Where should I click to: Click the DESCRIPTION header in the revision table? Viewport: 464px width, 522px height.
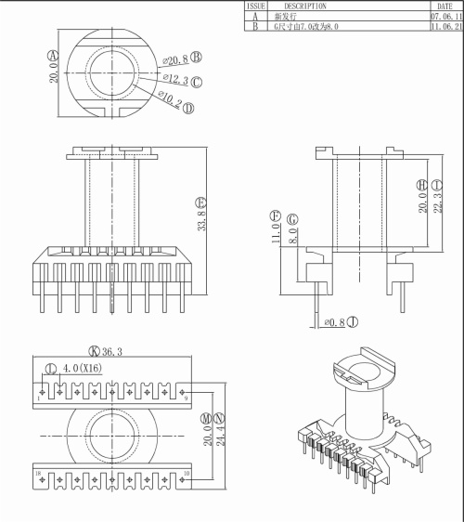point(305,6)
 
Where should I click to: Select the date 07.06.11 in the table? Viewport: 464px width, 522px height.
point(445,17)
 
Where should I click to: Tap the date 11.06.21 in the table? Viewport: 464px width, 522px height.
point(445,28)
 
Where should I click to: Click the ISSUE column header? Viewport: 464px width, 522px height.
point(255,6)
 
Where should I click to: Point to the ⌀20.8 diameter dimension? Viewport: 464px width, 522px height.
point(174,58)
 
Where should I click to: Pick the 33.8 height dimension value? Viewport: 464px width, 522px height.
point(201,223)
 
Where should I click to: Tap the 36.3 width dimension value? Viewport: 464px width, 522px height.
point(114,351)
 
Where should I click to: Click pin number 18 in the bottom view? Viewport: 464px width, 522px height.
point(40,474)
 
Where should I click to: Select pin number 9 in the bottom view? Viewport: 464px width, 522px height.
point(188,398)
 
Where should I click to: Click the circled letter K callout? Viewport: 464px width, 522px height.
point(94,351)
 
